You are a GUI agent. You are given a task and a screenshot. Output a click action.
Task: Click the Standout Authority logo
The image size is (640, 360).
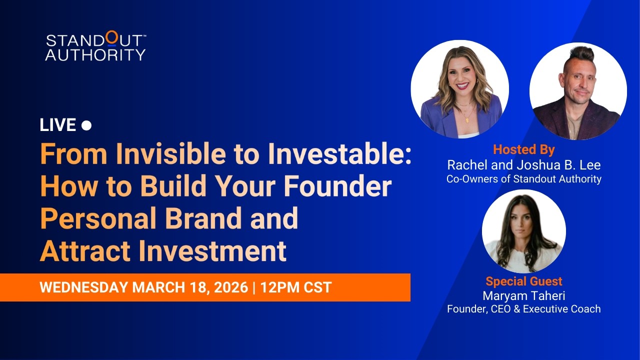pos(95,47)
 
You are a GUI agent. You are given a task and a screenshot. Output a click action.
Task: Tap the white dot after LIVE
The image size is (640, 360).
pos(86,125)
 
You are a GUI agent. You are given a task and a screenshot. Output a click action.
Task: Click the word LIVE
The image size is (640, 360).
pos(57,125)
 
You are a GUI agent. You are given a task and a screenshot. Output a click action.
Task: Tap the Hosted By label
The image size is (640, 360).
pos(524,149)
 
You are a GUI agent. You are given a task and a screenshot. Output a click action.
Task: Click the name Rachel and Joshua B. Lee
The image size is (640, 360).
pos(524,164)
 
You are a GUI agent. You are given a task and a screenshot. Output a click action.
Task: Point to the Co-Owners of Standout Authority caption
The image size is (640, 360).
pos(524,178)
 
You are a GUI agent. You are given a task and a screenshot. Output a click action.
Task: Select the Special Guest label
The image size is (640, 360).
pos(524,281)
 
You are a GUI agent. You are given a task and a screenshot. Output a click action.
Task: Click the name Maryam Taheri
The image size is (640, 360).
pos(524,295)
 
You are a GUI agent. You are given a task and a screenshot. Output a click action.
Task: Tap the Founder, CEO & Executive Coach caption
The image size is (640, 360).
pos(524,309)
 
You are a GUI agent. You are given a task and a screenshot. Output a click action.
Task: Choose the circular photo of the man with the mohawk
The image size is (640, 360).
pos(578,91)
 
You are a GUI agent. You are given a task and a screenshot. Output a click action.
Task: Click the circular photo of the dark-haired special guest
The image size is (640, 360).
pos(523,231)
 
